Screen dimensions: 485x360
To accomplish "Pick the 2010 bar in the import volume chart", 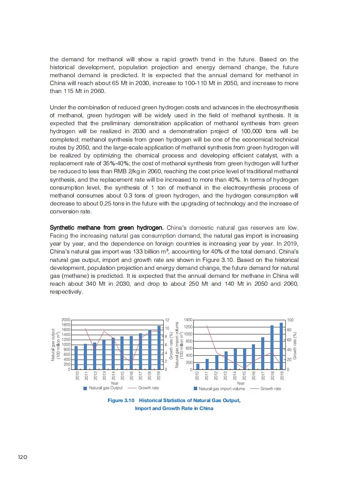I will pyautogui.click(x=198, y=366).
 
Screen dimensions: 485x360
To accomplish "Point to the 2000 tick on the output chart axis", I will pyautogui.click(x=66, y=320).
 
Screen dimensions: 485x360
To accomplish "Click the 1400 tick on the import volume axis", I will pyautogui.click(x=188, y=320).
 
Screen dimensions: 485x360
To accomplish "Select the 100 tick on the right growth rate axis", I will pyautogui.click(x=290, y=320).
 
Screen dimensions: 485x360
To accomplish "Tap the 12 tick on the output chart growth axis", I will pyautogui.click(x=167, y=320).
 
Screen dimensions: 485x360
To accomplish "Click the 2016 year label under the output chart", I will pyautogui.click(x=131, y=376).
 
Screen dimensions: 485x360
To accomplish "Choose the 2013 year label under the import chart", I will pyautogui.click(x=225, y=376).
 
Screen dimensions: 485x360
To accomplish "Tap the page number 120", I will pyautogui.click(x=22, y=457).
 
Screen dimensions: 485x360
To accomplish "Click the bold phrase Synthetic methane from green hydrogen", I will pyautogui.click(x=107, y=228).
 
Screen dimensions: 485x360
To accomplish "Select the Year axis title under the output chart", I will pyautogui.click(x=114, y=383).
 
